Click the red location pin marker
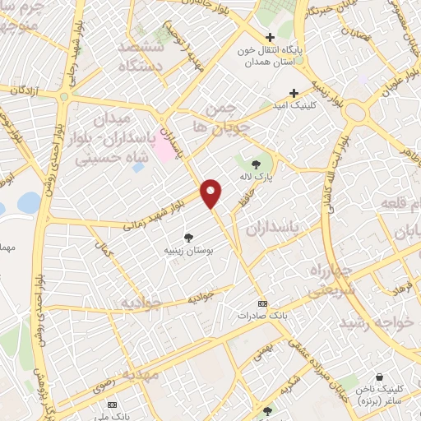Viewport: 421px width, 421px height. [211, 193]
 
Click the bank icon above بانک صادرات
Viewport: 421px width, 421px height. [262, 303]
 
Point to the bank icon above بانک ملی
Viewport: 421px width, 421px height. [113, 405]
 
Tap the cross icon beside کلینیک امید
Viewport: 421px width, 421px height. [294, 92]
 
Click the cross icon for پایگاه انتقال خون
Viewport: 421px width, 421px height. [270, 37]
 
